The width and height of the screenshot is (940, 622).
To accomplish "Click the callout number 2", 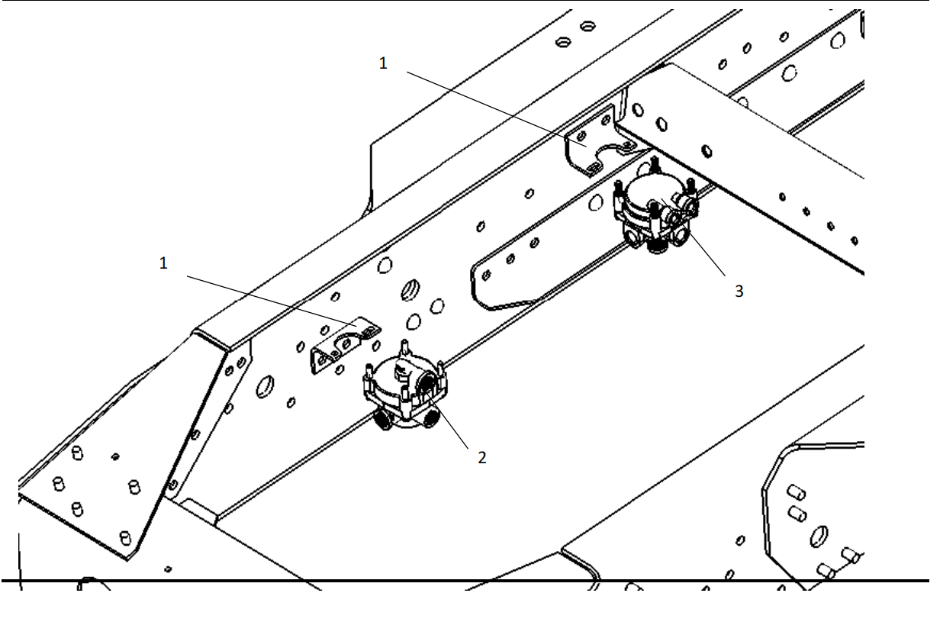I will (481, 458).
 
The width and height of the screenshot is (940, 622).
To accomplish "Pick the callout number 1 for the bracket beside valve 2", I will (163, 263).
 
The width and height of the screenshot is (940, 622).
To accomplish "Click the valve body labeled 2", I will (401, 382).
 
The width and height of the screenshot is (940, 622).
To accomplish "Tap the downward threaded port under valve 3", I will (655, 246).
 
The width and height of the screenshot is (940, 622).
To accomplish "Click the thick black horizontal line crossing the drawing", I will (470, 582).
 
